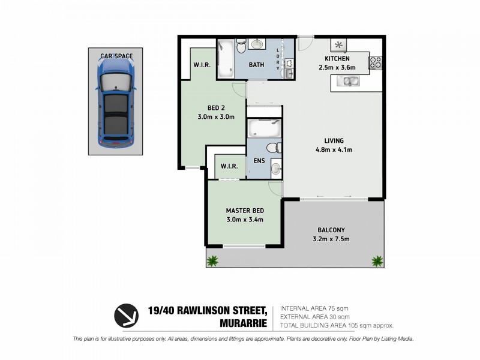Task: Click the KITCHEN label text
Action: point(337,59)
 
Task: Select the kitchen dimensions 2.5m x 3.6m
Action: point(337,68)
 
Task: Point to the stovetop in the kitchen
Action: point(376,62)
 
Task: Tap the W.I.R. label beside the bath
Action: point(200,65)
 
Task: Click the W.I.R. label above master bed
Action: point(230,166)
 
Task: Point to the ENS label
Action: point(259,161)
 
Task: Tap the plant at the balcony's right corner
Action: point(377,261)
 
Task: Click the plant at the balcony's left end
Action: point(212,260)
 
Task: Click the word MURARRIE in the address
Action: point(242,322)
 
